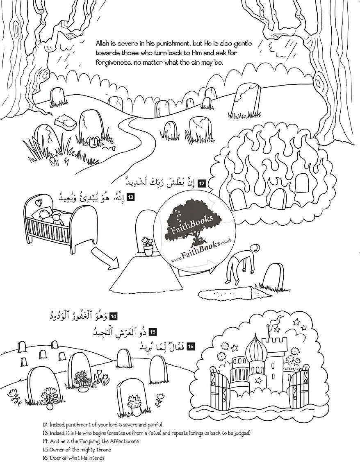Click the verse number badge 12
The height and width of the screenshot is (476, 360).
tap(201, 184)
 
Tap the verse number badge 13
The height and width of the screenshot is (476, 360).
tap(130, 197)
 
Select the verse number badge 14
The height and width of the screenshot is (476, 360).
tap(114, 316)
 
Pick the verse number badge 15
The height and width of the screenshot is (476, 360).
tap(153, 332)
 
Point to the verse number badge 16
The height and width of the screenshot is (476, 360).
tap(191, 347)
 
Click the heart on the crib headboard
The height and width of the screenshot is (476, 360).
tap(37, 201)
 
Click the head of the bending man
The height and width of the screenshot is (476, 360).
tap(255, 248)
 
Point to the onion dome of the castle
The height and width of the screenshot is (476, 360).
tap(255, 345)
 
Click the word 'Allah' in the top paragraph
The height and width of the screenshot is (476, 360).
tap(103, 43)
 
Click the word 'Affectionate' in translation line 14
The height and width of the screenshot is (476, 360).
tap(125, 441)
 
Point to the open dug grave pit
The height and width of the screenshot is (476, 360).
tap(229, 292)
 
